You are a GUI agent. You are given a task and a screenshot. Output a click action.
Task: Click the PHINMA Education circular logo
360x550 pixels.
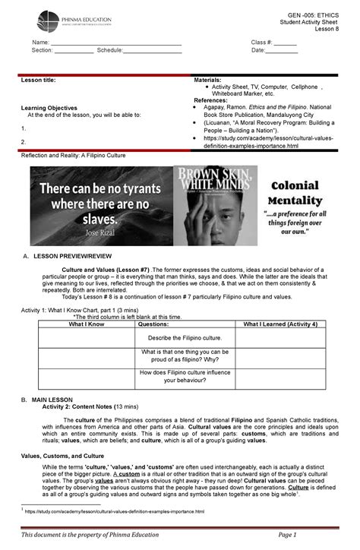48,21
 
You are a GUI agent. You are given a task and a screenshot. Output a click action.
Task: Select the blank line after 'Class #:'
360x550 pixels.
285,43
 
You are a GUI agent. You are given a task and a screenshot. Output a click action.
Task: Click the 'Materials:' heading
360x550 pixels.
208,80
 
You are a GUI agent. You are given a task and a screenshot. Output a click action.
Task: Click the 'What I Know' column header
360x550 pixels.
86,324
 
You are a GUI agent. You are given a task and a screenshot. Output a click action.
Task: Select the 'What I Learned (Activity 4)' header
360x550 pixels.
279,324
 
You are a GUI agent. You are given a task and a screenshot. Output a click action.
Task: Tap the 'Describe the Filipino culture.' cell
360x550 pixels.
185,337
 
